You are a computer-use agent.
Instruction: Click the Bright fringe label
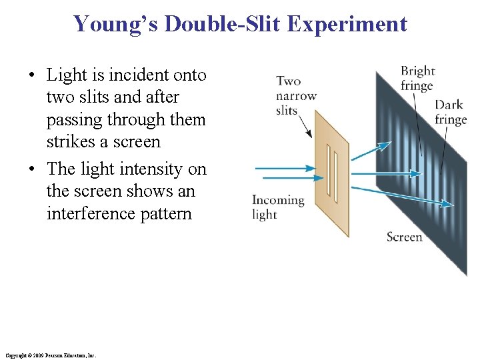[x=417, y=78]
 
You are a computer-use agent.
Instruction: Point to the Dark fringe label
[x=450, y=112]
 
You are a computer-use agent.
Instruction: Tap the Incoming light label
[x=277, y=207]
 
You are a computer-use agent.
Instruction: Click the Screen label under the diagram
[x=404, y=237]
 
